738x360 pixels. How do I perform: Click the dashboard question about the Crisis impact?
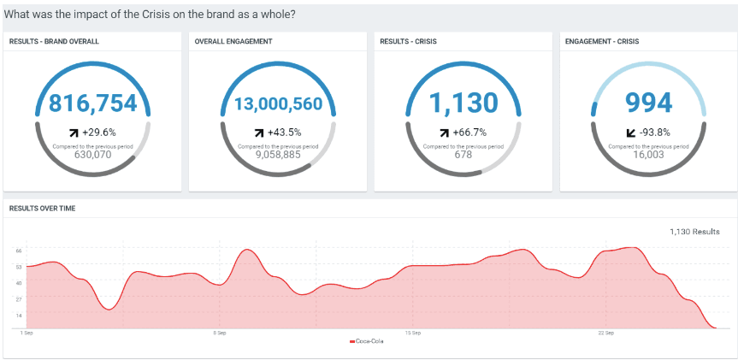tap(150, 14)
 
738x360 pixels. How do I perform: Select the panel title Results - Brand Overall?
tap(54, 41)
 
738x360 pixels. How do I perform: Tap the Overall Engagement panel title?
tap(233, 41)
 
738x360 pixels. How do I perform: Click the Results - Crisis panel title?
tap(414, 41)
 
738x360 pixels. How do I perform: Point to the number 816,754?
tap(92, 103)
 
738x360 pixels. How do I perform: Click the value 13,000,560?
tap(278, 104)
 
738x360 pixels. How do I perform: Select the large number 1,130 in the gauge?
tap(463, 103)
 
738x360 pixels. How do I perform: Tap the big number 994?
tap(649, 103)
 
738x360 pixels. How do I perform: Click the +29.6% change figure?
tap(98, 133)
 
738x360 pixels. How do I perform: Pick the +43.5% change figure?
tap(284, 133)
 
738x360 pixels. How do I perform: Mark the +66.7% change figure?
tap(469, 133)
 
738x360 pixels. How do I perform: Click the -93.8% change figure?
tap(655, 133)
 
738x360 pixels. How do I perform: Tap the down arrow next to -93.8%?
tap(631, 133)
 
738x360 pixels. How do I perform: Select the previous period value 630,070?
tap(92, 155)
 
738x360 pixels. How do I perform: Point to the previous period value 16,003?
tap(649, 155)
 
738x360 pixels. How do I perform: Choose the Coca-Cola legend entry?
tap(369, 342)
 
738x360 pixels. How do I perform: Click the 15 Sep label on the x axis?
tap(412, 333)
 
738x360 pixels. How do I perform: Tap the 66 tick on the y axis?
tap(18, 251)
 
